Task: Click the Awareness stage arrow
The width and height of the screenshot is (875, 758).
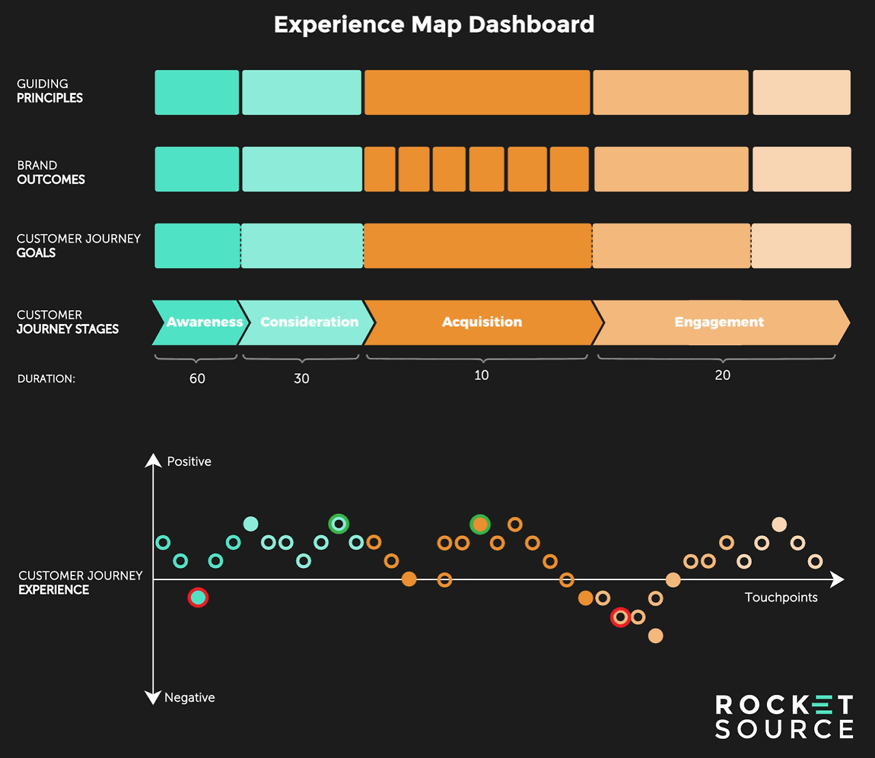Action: [x=200, y=323]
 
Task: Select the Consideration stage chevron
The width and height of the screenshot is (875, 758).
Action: [x=307, y=323]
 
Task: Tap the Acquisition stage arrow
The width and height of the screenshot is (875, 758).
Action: [x=483, y=323]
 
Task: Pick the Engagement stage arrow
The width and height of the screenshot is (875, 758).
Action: [x=722, y=323]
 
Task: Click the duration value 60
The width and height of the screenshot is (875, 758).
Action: [x=198, y=379]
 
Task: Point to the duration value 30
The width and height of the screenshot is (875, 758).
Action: [x=301, y=379]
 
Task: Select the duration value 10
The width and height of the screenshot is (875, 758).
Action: [x=481, y=375]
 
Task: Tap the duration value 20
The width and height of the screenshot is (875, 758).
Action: [x=723, y=375]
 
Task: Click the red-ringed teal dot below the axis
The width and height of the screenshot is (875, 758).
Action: [x=198, y=597]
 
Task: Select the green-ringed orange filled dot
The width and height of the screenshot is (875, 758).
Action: [x=480, y=525]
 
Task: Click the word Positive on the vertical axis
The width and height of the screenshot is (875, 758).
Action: [x=189, y=461]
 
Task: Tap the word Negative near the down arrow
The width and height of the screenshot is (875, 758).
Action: [x=189, y=697]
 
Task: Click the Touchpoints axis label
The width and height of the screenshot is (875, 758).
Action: [x=781, y=597]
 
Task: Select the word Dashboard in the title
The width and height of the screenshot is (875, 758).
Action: [x=531, y=25]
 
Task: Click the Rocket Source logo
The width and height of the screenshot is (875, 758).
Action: [x=784, y=716]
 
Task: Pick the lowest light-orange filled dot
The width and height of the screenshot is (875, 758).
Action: [x=656, y=636]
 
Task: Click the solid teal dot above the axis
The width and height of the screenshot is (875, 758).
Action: [x=251, y=524]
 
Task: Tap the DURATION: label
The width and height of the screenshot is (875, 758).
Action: [x=46, y=379]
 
